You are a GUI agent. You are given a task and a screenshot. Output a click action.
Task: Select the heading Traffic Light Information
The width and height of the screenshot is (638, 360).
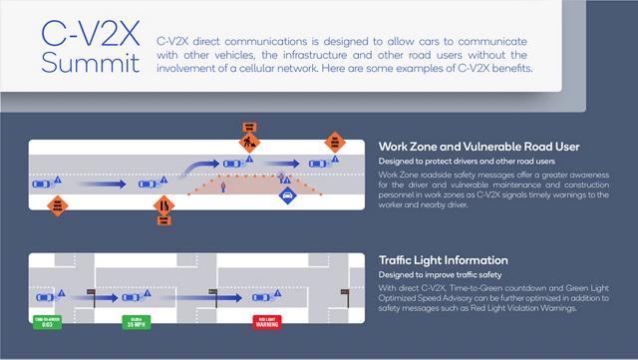tap(443, 260)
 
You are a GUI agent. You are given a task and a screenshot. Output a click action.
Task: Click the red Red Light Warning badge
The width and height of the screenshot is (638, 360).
tap(266, 322)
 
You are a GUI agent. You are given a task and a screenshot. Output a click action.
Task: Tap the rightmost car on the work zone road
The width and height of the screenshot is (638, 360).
tap(317, 164)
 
